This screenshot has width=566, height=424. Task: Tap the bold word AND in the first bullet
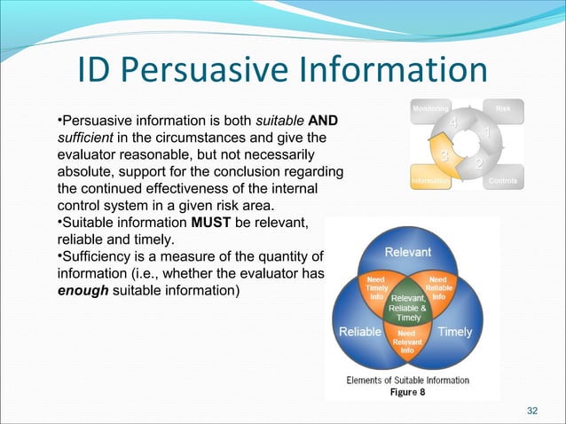click(x=321, y=120)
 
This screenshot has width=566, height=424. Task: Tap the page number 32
click(x=532, y=410)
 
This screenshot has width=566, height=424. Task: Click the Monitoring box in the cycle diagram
click(x=430, y=107)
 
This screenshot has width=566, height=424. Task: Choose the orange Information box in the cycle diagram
click(x=430, y=182)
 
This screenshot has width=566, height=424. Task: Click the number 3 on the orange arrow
click(x=444, y=156)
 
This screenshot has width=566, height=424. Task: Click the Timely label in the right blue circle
click(x=455, y=332)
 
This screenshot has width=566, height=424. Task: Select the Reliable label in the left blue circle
click(x=360, y=332)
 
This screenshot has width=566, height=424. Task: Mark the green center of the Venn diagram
click(x=408, y=305)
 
